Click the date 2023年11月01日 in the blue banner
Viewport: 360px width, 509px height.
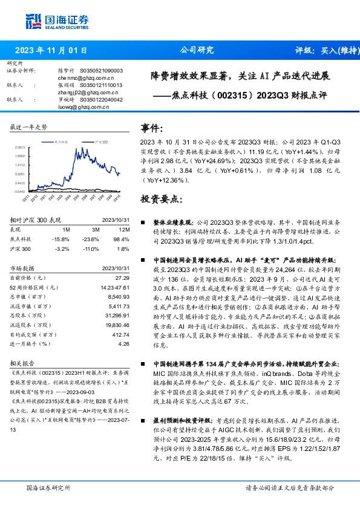click(51, 51)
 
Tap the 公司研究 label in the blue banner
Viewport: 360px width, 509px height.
click(197, 51)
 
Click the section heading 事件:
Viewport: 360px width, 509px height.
click(152, 129)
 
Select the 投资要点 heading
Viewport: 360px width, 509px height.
click(159, 198)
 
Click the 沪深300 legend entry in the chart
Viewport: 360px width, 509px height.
click(101, 141)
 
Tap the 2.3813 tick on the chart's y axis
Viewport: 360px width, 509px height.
click(21, 147)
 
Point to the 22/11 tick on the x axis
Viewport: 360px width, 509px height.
click(26, 197)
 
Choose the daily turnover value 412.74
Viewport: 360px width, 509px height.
click(121, 334)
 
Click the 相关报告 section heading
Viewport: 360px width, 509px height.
click(22, 365)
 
